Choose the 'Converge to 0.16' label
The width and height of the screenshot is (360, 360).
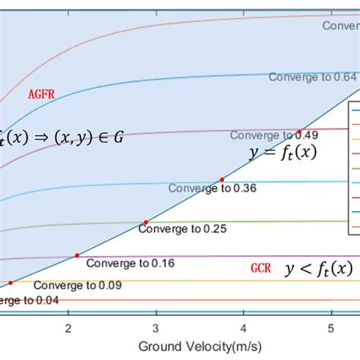(x=120, y=264)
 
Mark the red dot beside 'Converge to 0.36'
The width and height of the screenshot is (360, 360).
(x=223, y=179)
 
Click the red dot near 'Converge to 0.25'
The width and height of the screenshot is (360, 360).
(x=145, y=223)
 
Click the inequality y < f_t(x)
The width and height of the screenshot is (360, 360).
(x=318, y=268)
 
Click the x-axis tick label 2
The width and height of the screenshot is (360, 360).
(x=69, y=327)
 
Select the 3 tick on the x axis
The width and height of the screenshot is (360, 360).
(x=156, y=327)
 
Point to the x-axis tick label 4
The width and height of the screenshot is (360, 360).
(x=243, y=327)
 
